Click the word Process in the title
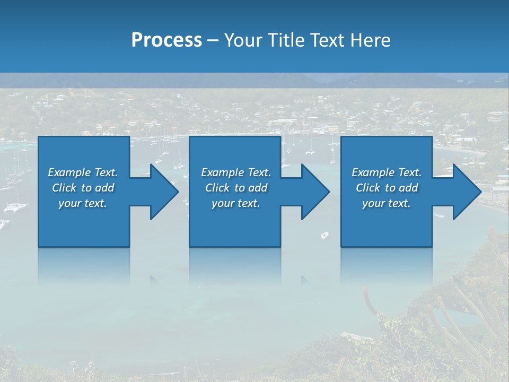[x=166, y=40]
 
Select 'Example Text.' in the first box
[x=83, y=172]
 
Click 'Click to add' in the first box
[x=83, y=188]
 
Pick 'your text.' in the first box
[x=83, y=203]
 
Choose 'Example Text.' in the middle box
[x=236, y=172]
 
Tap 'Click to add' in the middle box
[x=236, y=188]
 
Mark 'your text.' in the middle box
[x=236, y=203]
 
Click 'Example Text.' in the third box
[x=387, y=172]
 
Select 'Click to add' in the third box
[x=387, y=188]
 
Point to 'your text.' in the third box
[x=387, y=203]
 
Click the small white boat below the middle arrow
[x=325, y=235]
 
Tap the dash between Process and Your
[x=213, y=41]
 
